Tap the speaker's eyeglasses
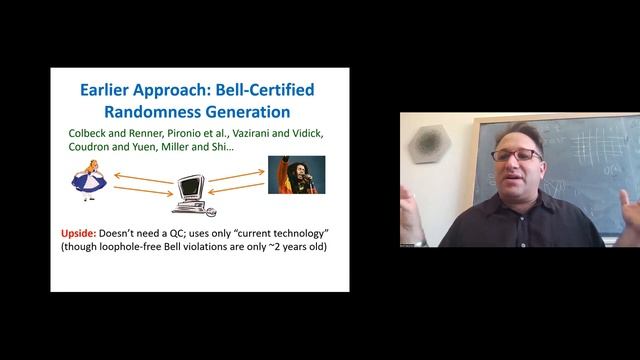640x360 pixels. (516, 155)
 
